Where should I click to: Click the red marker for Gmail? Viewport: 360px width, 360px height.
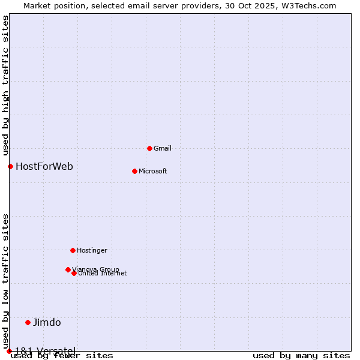coord(149,148)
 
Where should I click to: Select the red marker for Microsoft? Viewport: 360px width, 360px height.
coord(134,171)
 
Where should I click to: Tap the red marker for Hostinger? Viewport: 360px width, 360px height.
coord(73,250)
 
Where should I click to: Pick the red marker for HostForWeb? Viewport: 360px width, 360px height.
coord(10,166)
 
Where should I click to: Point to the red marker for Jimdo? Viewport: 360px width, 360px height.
coord(28,322)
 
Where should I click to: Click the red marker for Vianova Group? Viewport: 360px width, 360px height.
coord(68,269)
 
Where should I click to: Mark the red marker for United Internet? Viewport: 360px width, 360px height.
coord(74,273)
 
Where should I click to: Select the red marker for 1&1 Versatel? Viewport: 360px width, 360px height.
coord(9,351)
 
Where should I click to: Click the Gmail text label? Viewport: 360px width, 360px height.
coord(163,148)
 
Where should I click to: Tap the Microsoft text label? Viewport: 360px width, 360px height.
coord(153,171)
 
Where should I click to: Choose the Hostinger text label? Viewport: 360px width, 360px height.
coord(92,250)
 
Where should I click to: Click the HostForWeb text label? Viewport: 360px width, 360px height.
coord(44,166)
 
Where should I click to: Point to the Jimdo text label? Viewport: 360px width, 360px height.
coord(47,322)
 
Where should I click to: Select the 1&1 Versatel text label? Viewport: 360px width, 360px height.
coord(45,350)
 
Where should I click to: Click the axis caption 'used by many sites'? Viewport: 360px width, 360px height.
coord(301,356)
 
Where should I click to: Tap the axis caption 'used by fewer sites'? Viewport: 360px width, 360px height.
coord(62,356)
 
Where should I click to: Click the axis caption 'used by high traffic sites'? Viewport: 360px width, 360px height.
coord(5,84)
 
